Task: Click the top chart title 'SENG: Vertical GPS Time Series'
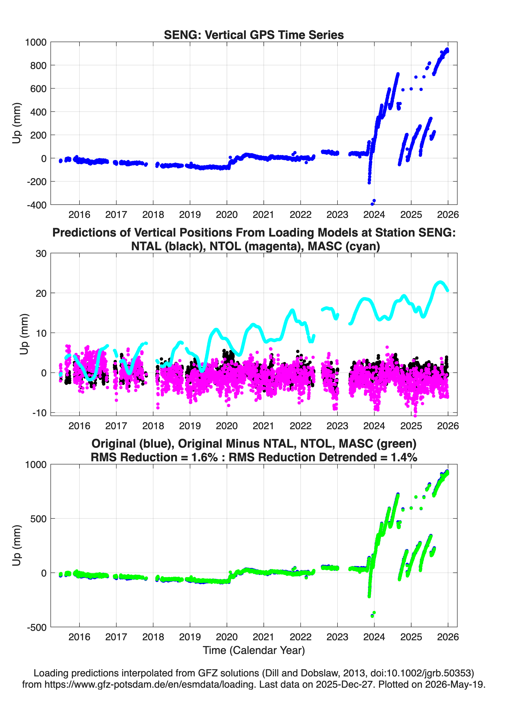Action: tap(254, 35)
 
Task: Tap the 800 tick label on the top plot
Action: tap(38, 65)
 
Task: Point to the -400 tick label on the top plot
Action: tap(37, 205)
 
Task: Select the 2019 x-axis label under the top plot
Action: tap(190, 215)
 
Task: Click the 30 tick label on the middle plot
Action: tap(41, 254)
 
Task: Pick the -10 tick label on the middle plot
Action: tap(39, 413)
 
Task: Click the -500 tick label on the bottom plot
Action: tap(37, 627)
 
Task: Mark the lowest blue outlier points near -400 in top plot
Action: tap(373, 202)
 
